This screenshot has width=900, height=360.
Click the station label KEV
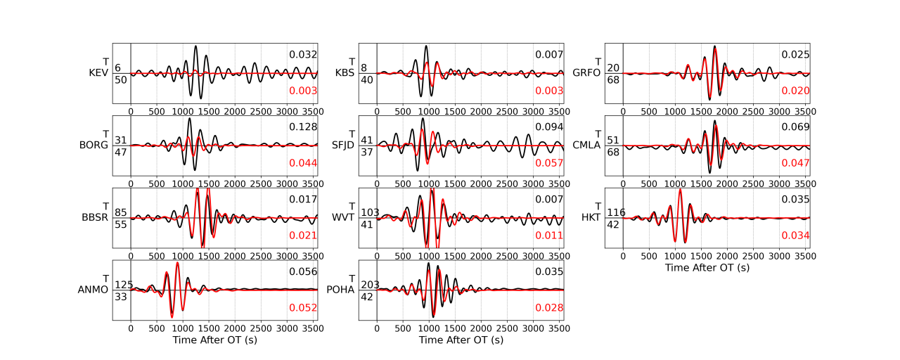(x=98, y=73)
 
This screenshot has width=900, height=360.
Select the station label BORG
(x=94, y=146)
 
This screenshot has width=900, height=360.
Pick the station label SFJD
(x=344, y=146)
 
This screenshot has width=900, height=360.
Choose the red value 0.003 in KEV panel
(x=304, y=91)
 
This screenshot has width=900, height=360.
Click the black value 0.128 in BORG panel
(x=304, y=127)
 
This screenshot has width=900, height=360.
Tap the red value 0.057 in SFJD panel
(x=550, y=163)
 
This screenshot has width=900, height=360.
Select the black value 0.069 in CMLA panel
(x=796, y=127)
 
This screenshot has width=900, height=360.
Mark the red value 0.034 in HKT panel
(x=796, y=236)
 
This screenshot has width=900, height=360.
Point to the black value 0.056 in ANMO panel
(x=304, y=271)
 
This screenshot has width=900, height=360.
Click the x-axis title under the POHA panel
(x=461, y=340)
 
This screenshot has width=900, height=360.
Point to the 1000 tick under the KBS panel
(x=429, y=110)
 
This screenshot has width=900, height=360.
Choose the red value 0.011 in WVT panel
(x=550, y=236)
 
